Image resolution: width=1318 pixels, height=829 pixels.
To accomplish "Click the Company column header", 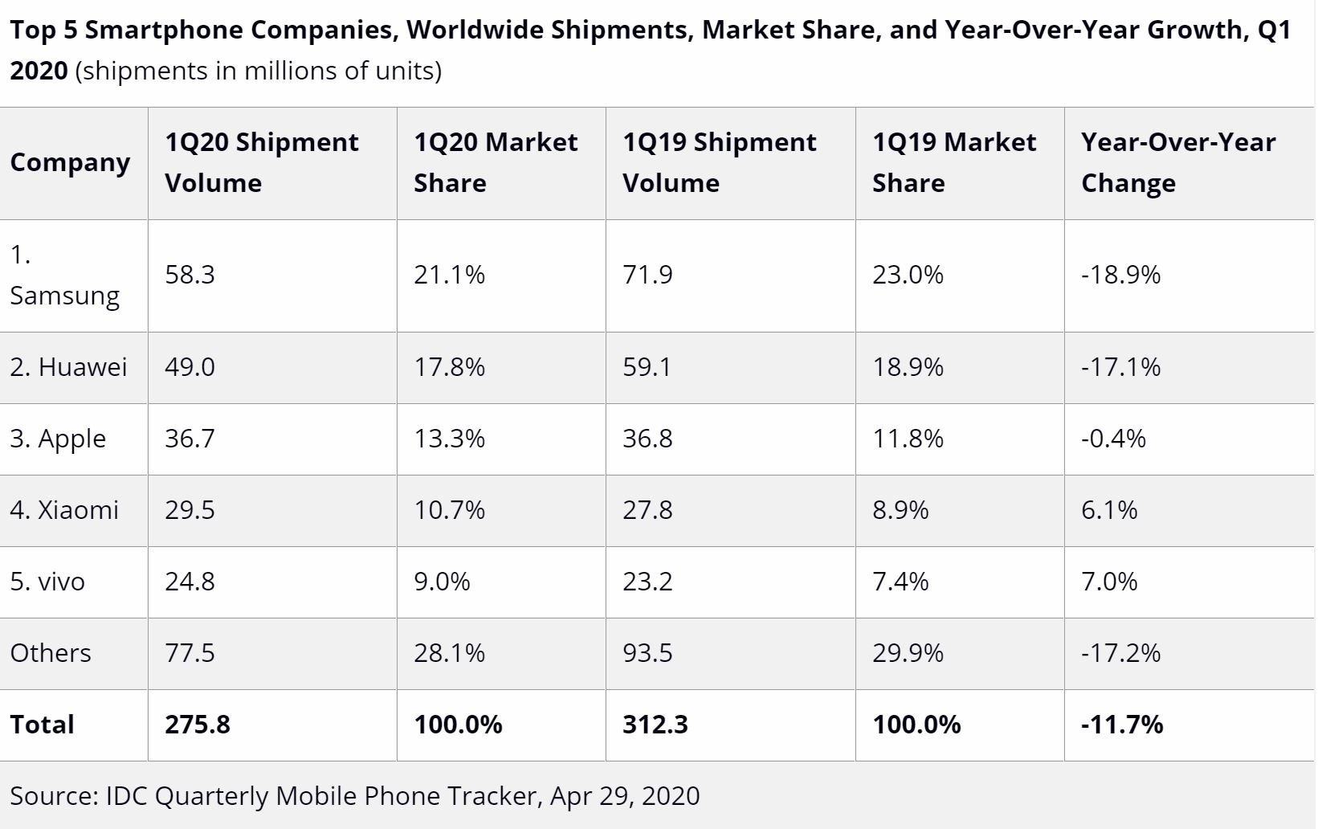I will (x=70, y=163).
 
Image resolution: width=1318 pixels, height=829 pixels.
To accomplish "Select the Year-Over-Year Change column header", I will (x=1177, y=162).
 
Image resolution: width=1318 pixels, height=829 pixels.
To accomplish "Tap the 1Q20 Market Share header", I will (x=495, y=162).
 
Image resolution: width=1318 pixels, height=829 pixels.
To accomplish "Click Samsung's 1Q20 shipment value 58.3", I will (x=190, y=275).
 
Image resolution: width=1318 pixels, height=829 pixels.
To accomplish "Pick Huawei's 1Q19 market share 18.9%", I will (x=908, y=367).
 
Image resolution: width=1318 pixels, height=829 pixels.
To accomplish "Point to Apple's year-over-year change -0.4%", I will (x=1112, y=439).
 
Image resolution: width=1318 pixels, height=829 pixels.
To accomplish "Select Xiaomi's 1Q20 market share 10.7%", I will (x=449, y=510).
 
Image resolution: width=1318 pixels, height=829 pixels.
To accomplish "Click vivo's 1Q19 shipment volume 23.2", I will (x=647, y=582).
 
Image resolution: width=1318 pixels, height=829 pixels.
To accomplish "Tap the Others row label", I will (x=51, y=653).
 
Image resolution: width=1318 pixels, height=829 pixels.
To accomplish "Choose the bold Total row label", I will (x=42, y=725).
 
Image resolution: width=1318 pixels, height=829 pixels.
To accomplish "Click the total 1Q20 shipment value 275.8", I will (x=198, y=725).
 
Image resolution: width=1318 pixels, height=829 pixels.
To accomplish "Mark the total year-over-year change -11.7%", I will (x=1121, y=725).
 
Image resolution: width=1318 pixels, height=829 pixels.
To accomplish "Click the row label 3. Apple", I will (x=58, y=439).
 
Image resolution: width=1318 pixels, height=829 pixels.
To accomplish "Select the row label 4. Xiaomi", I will (x=64, y=510).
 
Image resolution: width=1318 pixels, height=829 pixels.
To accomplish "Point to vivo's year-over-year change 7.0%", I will (x=1109, y=582).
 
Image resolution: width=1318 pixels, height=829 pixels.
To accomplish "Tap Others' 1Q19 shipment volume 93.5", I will (x=647, y=653).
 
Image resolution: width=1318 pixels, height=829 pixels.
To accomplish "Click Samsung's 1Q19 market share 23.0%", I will (x=908, y=275).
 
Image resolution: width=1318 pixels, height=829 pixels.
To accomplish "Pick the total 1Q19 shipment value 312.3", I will (x=655, y=725).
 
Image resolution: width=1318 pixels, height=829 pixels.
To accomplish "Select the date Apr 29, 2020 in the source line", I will (x=624, y=796).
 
